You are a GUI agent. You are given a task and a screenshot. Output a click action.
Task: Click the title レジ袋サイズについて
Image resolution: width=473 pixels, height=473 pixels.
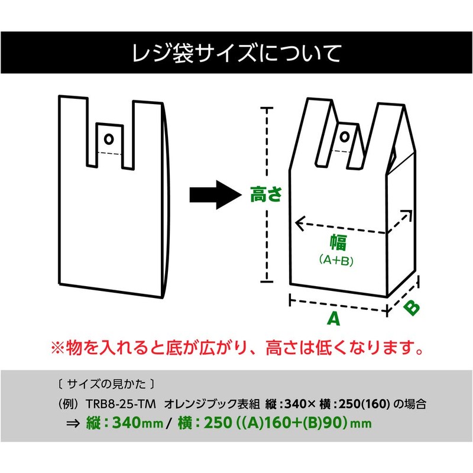coord(237,53)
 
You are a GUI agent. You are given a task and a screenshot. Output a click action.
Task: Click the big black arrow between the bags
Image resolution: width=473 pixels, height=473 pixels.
coord(215,195)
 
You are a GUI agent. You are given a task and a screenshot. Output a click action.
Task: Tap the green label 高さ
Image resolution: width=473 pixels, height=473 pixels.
coord(266,194)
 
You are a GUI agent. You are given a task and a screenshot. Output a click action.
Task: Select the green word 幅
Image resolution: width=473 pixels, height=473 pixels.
coord(338,242)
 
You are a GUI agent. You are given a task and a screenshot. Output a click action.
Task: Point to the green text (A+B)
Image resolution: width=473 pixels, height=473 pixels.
coord(336,260)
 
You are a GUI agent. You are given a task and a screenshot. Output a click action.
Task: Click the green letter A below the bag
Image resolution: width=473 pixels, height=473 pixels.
coord(333,318)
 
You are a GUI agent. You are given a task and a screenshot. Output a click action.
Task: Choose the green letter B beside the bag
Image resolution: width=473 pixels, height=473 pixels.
coord(412,308)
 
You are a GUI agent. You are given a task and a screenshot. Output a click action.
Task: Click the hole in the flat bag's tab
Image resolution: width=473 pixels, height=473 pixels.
coord(109,139)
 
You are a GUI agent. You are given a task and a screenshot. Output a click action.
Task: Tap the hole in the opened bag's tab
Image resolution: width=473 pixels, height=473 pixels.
coord(345,137)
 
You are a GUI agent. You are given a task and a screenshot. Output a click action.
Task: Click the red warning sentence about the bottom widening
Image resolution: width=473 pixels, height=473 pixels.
coord(237,348)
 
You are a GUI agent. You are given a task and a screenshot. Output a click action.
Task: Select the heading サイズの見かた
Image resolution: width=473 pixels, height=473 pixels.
coord(106,384)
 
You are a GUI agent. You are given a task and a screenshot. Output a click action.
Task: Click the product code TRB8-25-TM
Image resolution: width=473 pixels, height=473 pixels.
coord(121,404)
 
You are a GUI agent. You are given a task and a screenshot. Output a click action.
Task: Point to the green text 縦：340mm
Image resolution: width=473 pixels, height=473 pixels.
coord(125,423)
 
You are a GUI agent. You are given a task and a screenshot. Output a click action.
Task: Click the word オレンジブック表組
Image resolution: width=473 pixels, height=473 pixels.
coord(212,404)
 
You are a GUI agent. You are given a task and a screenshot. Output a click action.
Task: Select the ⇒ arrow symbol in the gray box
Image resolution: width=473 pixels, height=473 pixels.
coord(73,423)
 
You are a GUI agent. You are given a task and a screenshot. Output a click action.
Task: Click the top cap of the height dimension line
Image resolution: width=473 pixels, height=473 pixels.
coord(267,108)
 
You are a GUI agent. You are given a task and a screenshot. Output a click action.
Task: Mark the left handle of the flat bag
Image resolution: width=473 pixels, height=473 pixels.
coord(73,131)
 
